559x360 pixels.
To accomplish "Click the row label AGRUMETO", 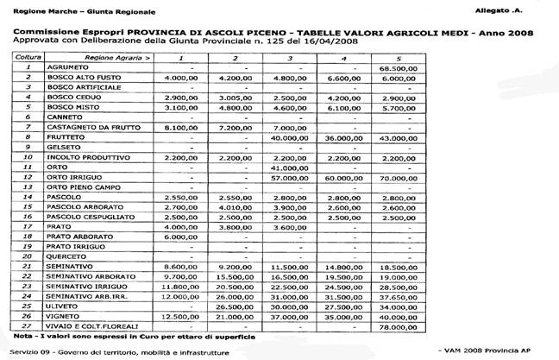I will pyautogui.click(x=73, y=67).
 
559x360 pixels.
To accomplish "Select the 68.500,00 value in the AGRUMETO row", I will pyautogui.click(x=398, y=67).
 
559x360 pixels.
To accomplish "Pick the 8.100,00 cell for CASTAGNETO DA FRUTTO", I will pyautogui.click(x=183, y=127).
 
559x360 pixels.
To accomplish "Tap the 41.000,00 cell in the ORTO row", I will pyautogui.click(x=289, y=167).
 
